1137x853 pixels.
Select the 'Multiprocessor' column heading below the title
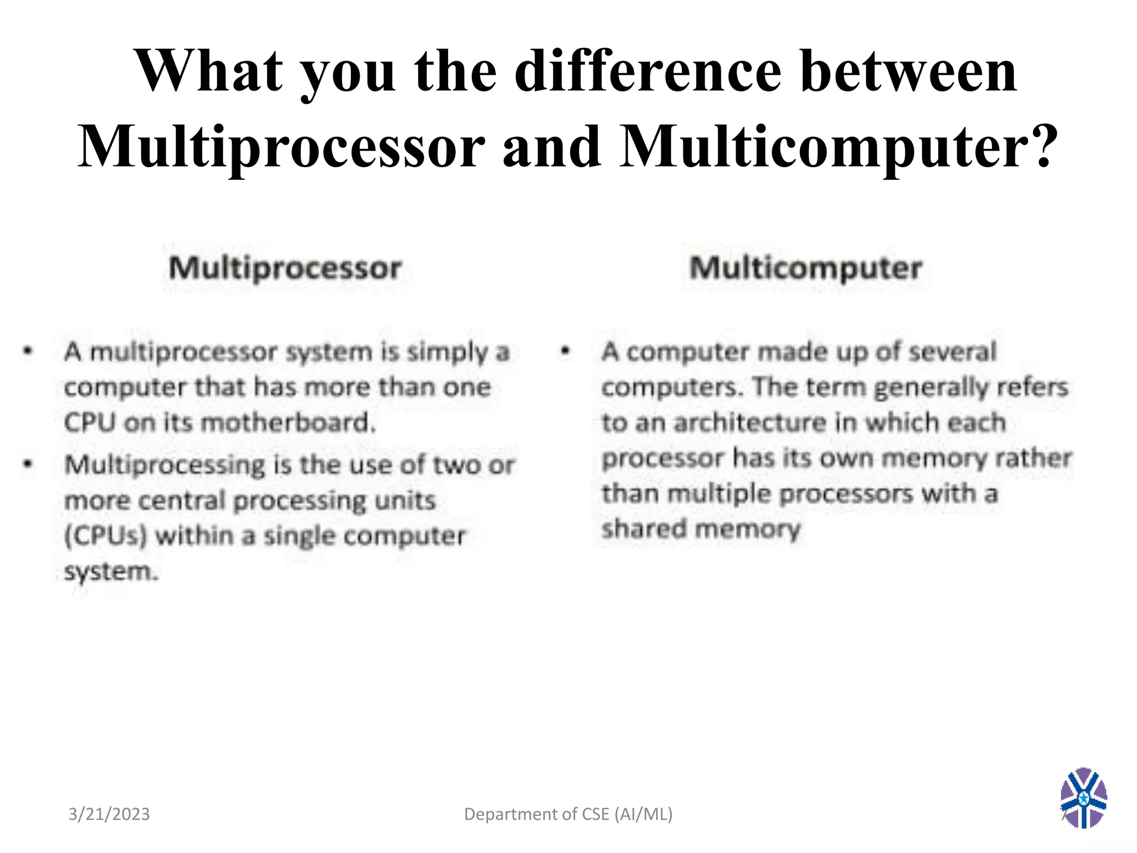pos(285,268)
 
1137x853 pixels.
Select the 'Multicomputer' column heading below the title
pos(805,268)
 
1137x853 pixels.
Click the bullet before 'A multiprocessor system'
pos(28,351)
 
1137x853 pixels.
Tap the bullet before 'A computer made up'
pos(565,351)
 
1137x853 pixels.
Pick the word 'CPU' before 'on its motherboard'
pos(89,423)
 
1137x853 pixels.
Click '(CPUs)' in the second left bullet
pos(105,536)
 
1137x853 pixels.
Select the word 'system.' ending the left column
pos(111,572)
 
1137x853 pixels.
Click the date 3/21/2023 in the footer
pos(109,814)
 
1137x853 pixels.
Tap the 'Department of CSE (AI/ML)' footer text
pos(568,814)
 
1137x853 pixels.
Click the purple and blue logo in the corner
pos(1083,797)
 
